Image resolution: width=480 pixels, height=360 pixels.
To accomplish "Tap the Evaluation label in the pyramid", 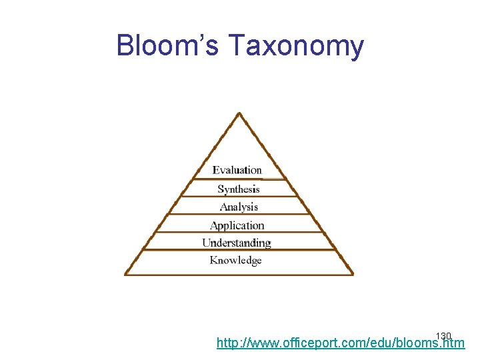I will tap(237, 171).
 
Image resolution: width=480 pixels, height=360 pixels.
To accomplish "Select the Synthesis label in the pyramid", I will tap(239, 189).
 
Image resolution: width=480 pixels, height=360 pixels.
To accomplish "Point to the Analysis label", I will tap(239, 207).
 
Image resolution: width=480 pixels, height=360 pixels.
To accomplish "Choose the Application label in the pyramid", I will tap(237, 225).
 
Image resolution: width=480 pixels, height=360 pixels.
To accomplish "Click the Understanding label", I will tap(237, 243).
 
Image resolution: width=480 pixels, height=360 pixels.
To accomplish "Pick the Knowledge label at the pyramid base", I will tap(236, 261).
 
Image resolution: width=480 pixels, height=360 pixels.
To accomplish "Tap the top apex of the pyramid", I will tap(239, 113).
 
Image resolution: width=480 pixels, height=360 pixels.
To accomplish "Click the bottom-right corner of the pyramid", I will tap(352, 273).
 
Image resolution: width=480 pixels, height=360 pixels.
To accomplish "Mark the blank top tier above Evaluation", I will tap(239, 147).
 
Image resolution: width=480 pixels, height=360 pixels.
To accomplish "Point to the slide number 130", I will tap(443, 335).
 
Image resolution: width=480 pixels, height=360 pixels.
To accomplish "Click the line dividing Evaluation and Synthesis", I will tap(239, 179).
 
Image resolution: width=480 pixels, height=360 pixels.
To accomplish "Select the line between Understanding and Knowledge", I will tap(239, 250).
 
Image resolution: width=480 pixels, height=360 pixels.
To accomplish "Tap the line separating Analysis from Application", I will tap(239, 215).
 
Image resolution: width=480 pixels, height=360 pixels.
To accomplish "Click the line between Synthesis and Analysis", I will tap(239, 197).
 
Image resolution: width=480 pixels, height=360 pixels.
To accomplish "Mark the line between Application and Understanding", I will tap(239, 233).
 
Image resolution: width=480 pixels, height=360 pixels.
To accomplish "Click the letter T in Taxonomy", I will tap(237, 45).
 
